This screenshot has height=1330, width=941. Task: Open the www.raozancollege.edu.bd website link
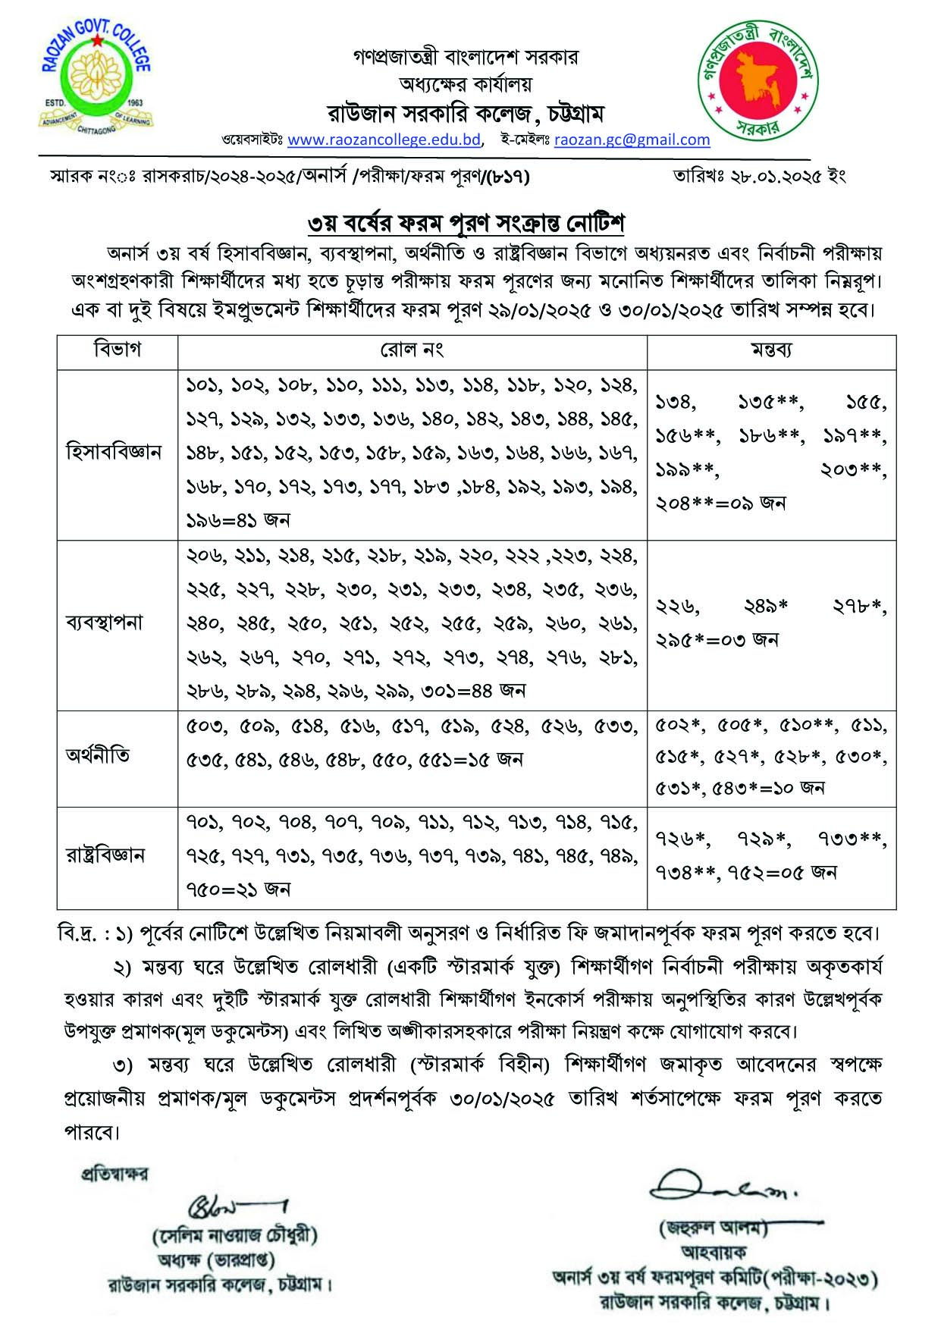coord(384,140)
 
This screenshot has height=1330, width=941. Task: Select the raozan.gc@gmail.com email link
coord(632,140)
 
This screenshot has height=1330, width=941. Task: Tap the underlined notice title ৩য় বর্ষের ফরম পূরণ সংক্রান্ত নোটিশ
coord(466,224)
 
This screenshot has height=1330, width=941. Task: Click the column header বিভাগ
coord(118,350)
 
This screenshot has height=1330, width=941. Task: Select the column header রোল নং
coord(412,350)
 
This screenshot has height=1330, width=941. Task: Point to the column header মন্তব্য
coord(771,350)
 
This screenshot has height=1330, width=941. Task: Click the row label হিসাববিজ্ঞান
coord(114,453)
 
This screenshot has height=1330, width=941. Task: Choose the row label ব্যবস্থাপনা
coord(105,623)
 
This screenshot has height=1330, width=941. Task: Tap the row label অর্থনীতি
coord(98,756)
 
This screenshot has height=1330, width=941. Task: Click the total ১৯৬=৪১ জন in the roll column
coord(238,520)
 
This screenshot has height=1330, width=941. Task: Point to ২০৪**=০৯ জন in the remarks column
coord(720,503)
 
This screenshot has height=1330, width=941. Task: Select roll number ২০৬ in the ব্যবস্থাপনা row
coord(205,557)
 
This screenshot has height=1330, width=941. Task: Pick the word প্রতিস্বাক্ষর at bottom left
coord(115,1175)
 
